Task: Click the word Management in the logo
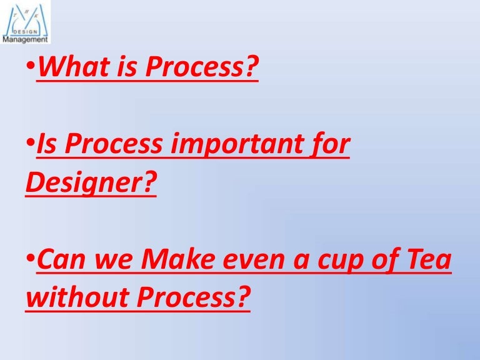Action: [25, 39]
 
